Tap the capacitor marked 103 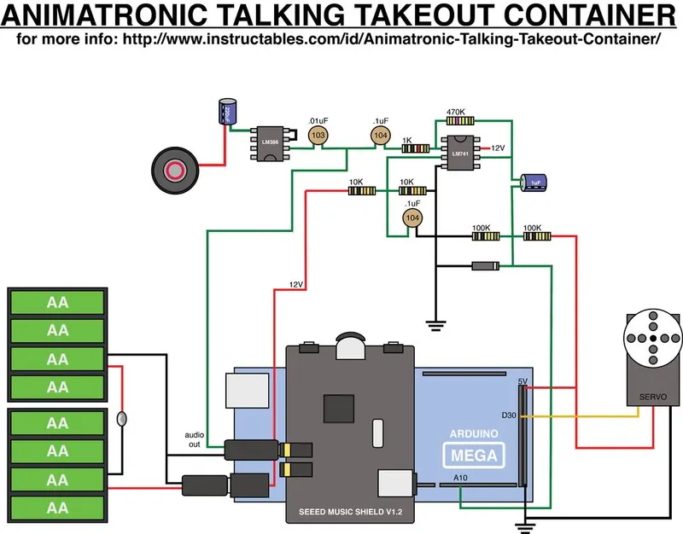(318, 135)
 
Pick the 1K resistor (417, 148)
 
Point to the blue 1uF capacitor (535, 183)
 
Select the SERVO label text (653, 398)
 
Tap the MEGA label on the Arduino (469, 456)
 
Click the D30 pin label (509, 415)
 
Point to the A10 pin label (461, 477)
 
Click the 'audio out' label (196, 440)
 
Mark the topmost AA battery (57, 302)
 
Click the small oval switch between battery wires (121, 419)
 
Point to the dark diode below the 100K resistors (485, 266)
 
